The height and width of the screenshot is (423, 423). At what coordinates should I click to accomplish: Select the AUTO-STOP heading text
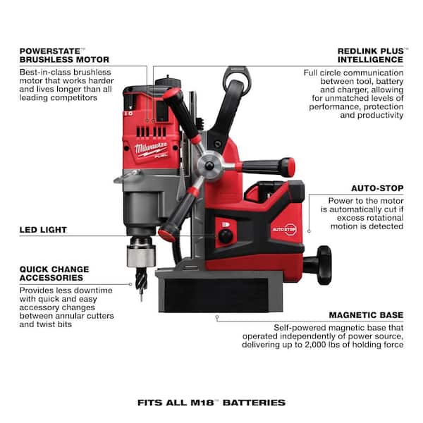(378, 189)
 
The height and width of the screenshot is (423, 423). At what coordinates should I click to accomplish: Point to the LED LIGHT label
(43, 230)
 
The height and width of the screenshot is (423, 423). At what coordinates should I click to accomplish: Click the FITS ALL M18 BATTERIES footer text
(211, 403)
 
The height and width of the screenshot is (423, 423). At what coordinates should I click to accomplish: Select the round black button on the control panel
(226, 238)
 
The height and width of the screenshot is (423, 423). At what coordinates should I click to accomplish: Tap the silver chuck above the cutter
(137, 253)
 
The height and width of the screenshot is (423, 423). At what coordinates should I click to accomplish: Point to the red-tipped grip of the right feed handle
(286, 167)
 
